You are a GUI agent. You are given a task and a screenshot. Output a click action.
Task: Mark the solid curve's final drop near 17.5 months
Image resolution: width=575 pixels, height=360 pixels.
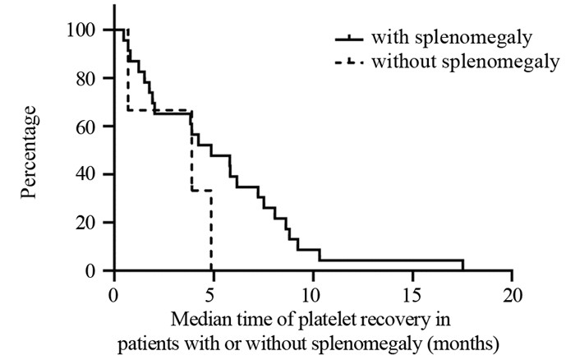coord(462,265)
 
